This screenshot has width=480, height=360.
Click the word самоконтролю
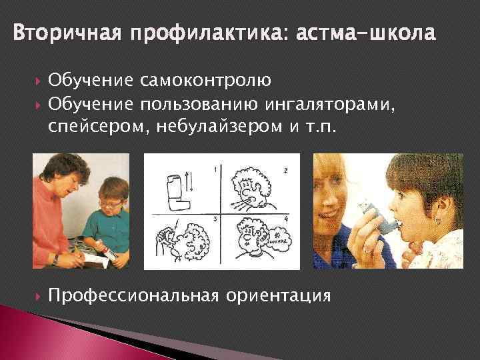[205, 83]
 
